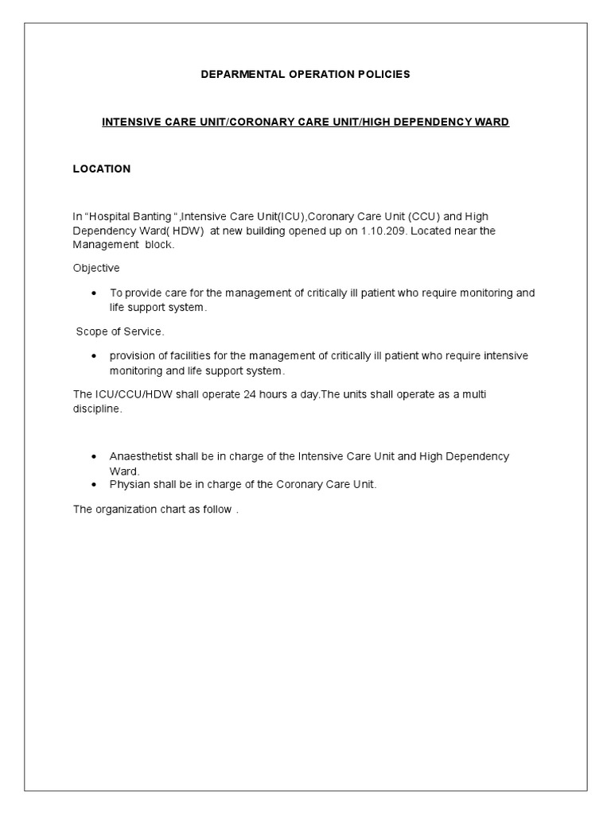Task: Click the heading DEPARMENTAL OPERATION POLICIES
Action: (305, 74)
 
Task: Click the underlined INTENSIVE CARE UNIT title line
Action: (305, 122)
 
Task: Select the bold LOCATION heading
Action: (102, 169)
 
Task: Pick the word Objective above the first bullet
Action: (96, 268)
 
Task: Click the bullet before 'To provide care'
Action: (94, 293)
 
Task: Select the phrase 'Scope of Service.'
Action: (120, 331)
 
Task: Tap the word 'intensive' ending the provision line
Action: (505, 356)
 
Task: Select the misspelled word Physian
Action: (128, 484)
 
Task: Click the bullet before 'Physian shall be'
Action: (94, 485)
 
